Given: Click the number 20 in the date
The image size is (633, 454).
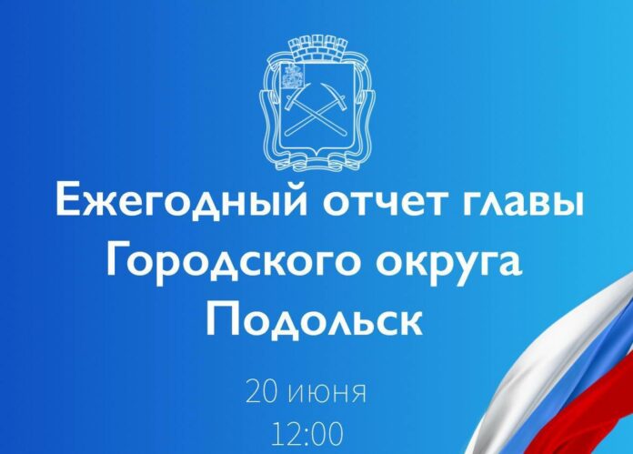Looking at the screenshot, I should [265, 394].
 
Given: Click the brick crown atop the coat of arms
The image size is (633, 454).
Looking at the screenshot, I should [316, 45].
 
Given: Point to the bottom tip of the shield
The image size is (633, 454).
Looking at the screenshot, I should [316, 165].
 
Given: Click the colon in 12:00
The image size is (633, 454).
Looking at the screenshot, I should [309, 435].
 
